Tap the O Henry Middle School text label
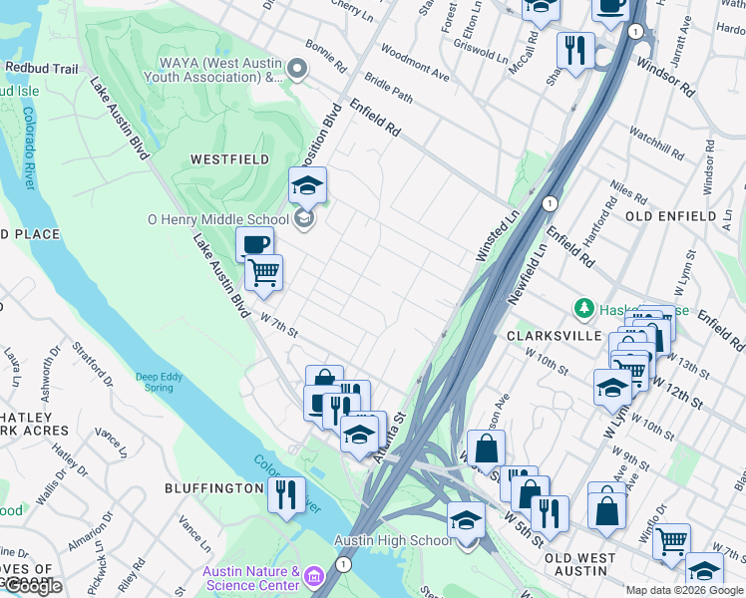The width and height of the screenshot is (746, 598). click(216, 219)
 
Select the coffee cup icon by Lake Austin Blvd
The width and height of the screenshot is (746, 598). click(254, 244)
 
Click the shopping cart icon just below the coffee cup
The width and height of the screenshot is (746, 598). click(264, 272)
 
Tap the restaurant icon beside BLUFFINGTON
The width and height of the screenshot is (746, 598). click(286, 493)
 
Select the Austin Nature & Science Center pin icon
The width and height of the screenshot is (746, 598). click(314, 576)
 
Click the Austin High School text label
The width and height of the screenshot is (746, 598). click(392, 540)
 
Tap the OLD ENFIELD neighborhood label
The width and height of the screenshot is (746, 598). click(670, 216)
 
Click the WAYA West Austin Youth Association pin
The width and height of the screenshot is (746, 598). click(296, 69)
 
